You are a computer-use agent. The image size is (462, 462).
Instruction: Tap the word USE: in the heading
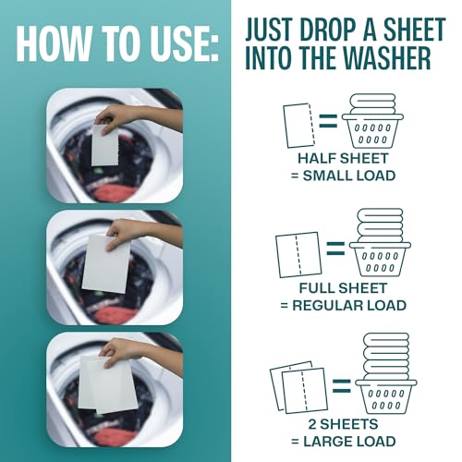[x=183, y=44]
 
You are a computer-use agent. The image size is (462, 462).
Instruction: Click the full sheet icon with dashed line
[x=297, y=254]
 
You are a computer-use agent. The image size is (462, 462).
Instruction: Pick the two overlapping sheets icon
[x=294, y=383]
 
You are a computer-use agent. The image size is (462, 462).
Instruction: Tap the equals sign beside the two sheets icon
[x=338, y=382]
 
